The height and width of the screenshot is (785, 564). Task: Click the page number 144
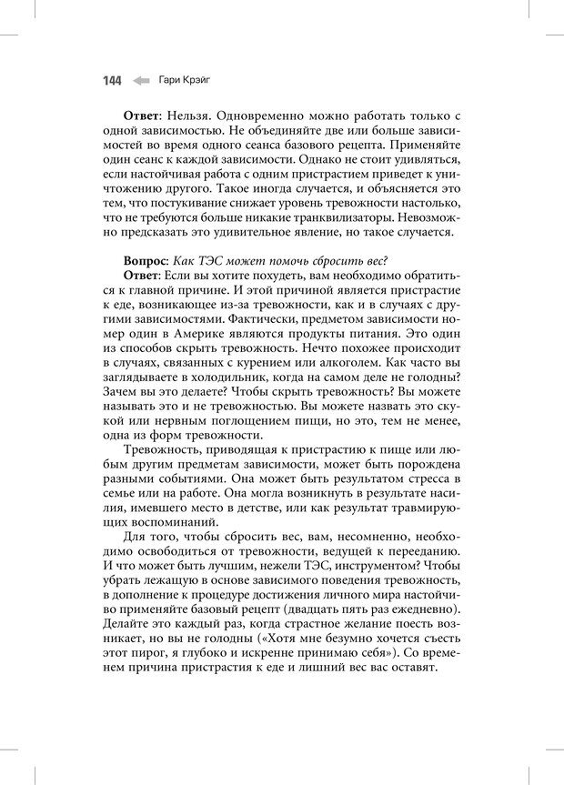(x=111, y=81)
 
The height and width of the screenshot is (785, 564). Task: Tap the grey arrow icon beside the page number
(x=140, y=81)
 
